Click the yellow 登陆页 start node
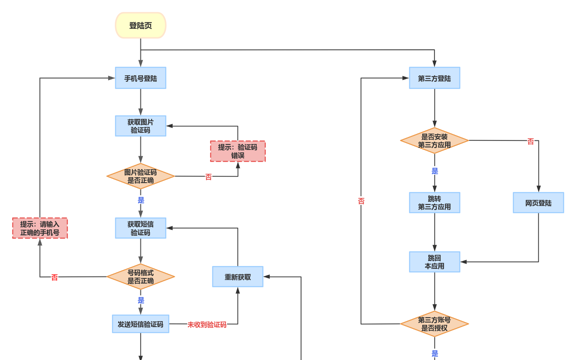[x=141, y=25]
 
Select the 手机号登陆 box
[x=141, y=78]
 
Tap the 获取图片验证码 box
[x=141, y=126]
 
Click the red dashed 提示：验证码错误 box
[x=238, y=151]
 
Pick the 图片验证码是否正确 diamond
[x=141, y=176]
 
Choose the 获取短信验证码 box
[x=141, y=228]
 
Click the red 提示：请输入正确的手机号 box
[x=40, y=228]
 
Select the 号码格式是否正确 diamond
[x=141, y=277]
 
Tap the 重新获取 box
[x=238, y=277]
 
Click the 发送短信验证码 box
[x=141, y=324]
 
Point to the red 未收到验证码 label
[x=207, y=325]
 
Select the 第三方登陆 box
[x=434, y=78]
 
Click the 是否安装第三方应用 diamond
[x=434, y=141]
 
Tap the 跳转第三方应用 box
[x=434, y=203]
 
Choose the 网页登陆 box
[x=538, y=203]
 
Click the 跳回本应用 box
[x=434, y=262]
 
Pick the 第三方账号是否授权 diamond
[x=434, y=324]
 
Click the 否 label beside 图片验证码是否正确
[x=209, y=177]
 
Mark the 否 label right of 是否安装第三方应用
[x=531, y=141]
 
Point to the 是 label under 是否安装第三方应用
[x=435, y=171]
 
